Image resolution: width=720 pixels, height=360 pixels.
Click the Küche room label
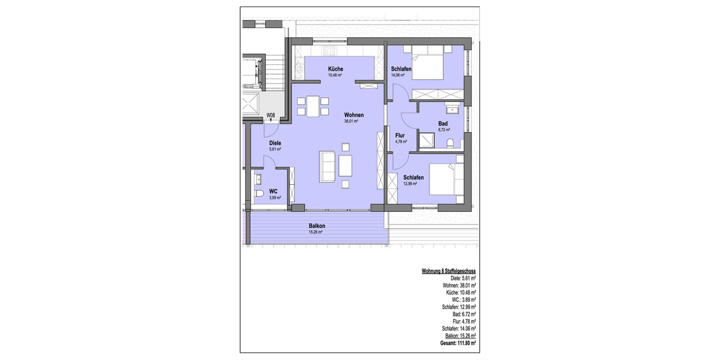click(x=335, y=69)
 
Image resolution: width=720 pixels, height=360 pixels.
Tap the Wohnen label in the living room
click(x=354, y=115)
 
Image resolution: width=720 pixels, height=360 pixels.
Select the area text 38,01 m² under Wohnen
click(x=351, y=121)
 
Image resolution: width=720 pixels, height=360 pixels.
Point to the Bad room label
click(x=443, y=123)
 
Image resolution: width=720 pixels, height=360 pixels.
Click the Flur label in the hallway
click(x=401, y=136)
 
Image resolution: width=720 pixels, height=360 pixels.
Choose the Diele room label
click(x=259, y=143)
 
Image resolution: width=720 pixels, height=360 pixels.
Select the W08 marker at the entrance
click(x=271, y=115)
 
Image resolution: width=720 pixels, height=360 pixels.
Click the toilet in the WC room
click(x=259, y=194)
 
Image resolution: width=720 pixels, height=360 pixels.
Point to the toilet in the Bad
click(x=451, y=143)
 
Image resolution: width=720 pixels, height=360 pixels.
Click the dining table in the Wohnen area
click(x=311, y=106)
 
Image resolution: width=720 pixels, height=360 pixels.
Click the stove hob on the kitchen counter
click(x=329, y=49)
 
